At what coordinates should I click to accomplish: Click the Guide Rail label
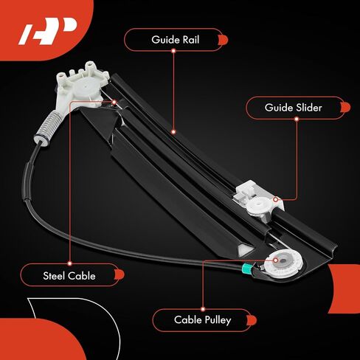[176, 40]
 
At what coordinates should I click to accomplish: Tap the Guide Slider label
[293, 108]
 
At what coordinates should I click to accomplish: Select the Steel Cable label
[69, 276]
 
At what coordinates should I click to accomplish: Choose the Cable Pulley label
[203, 320]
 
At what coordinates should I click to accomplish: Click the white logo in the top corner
[47, 31]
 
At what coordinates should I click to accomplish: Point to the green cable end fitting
[246, 269]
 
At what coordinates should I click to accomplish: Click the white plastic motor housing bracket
[80, 86]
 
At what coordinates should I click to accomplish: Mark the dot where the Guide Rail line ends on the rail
[173, 132]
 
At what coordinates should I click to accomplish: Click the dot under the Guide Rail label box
[173, 51]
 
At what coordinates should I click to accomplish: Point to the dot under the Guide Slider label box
[297, 119]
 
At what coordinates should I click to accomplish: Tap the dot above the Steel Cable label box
[69, 263]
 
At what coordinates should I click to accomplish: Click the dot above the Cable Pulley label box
[203, 309]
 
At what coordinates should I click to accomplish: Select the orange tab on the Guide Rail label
[223, 40]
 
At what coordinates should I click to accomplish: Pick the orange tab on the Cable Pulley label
[252, 320]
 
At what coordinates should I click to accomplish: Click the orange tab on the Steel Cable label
[120, 274]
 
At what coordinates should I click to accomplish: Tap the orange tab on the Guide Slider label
[345, 108]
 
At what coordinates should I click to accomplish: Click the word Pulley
[218, 320]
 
